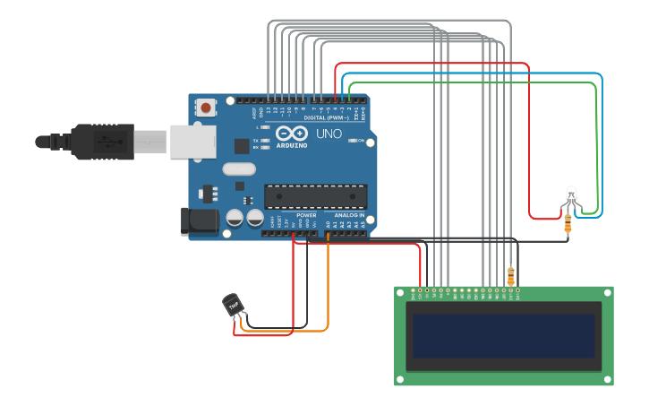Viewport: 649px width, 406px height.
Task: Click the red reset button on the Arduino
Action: tap(206, 108)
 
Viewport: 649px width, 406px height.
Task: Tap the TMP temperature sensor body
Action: tap(233, 305)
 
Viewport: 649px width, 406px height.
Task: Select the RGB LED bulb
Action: tap(571, 194)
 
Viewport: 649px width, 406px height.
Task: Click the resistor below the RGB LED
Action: tap(568, 226)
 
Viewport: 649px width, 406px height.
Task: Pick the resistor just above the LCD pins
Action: tap(511, 275)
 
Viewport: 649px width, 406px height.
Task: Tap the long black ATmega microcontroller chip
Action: tap(315, 196)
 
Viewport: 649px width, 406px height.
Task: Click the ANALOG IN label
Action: tap(350, 215)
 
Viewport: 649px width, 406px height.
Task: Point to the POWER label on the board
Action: tap(306, 215)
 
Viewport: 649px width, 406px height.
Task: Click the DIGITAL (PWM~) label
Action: tap(327, 117)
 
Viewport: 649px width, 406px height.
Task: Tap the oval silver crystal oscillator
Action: tap(239, 168)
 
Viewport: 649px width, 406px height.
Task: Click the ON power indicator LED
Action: tap(354, 141)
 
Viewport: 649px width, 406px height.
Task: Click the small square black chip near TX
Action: tap(242, 145)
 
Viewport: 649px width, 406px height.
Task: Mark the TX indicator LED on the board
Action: tap(266, 141)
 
